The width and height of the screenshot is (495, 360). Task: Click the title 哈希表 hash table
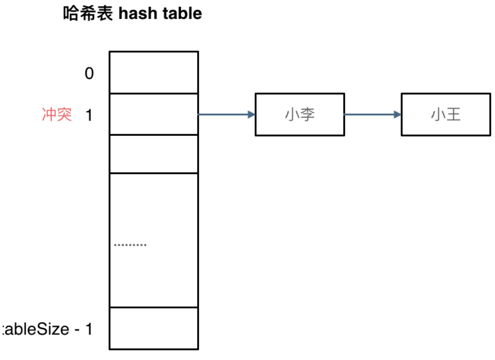133,13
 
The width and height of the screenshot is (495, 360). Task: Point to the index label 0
89,74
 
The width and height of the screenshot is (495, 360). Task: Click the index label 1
89,115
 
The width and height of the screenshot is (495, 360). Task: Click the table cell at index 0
154,73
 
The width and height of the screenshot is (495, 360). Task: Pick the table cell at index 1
154,114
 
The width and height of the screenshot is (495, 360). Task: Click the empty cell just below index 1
154,154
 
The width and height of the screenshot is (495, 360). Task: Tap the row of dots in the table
130,245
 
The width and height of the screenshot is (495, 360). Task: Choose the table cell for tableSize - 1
154,328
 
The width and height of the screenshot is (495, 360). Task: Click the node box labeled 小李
300,114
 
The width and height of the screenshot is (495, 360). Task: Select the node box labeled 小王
446,114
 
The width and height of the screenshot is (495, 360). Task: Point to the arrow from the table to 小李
226,115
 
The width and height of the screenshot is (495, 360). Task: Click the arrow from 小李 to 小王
372,115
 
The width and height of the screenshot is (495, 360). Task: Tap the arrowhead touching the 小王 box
397,115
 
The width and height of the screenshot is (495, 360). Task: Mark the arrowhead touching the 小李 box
251,115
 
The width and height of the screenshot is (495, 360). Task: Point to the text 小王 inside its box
446,115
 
